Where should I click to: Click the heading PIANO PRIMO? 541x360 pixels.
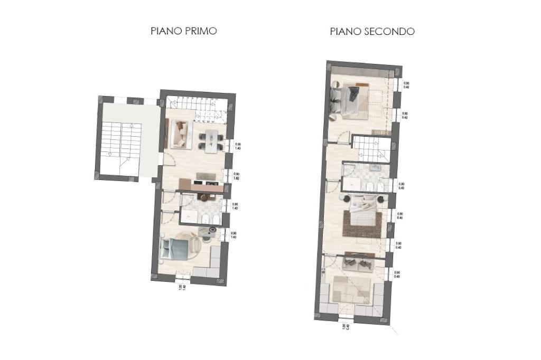pyautogui.click(x=184, y=31)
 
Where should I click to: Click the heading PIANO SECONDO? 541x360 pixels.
pyautogui.click(x=372, y=31)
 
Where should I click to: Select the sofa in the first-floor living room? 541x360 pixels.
pyautogui.click(x=178, y=133)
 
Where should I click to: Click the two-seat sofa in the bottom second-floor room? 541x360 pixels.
pyautogui.click(x=358, y=263)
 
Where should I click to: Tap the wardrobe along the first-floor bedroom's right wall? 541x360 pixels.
pyautogui.click(x=215, y=261)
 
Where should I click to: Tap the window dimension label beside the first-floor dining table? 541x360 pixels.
pyautogui.click(x=238, y=147)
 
